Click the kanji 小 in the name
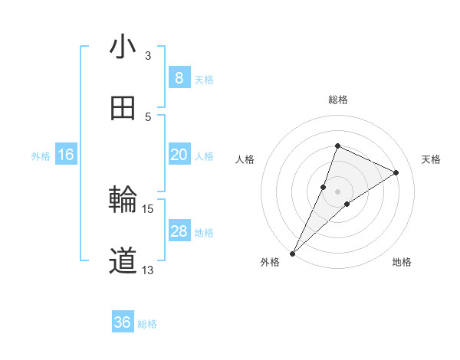(x=123, y=48)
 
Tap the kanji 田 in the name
(x=123, y=109)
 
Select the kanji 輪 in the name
(x=123, y=201)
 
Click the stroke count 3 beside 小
(x=148, y=56)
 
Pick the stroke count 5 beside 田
(x=148, y=116)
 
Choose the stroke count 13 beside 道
(x=148, y=270)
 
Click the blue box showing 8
(x=179, y=78)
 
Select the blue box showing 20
(x=179, y=155)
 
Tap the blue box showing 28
(x=179, y=231)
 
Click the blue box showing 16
(x=66, y=155)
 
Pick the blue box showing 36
(x=123, y=322)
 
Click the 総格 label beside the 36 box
(x=147, y=324)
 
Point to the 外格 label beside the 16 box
(x=41, y=156)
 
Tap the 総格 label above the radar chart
(x=337, y=100)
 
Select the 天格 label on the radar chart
(x=431, y=159)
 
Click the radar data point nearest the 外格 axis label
(x=293, y=253)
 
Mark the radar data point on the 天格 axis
(x=396, y=172)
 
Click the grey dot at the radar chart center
(x=337, y=191)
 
